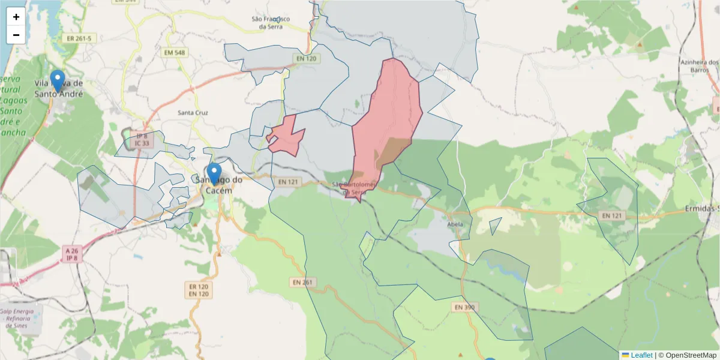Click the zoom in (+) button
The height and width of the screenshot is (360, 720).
coord(16,17)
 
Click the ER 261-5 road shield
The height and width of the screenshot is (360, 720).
coord(80,38)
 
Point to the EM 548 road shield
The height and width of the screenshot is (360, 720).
coord(174,53)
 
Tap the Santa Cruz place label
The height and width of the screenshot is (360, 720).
coord(193,113)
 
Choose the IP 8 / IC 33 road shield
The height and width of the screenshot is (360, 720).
coord(142,140)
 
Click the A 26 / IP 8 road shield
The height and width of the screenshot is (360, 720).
coord(73,254)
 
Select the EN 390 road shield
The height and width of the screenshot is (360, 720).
coord(464,307)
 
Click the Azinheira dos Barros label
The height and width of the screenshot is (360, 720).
coord(699,66)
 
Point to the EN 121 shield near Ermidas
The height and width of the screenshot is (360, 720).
coord(613,215)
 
